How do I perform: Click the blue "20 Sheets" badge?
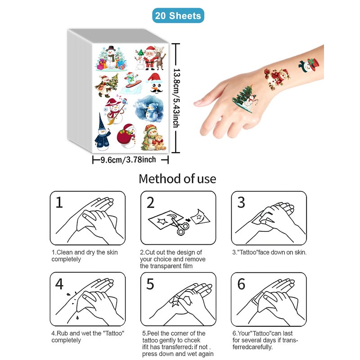point(178,16)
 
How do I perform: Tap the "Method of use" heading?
point(177,179)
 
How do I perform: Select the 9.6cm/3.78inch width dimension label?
point(128,160)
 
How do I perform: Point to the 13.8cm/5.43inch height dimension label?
point(176,98)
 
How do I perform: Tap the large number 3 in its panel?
point(241,202)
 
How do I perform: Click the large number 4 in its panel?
point(59,284)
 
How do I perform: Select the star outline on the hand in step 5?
point(175,301)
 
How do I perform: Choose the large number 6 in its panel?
point(241,284)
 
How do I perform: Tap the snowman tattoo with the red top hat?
point(309,65)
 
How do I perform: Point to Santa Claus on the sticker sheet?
point(150,58)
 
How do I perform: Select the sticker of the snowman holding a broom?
point(115,111)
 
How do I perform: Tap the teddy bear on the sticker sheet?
point(159,143)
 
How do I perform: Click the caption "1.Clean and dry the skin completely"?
point(85,256)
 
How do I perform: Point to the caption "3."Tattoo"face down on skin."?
point(269,252)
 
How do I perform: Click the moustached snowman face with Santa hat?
point(155,83)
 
